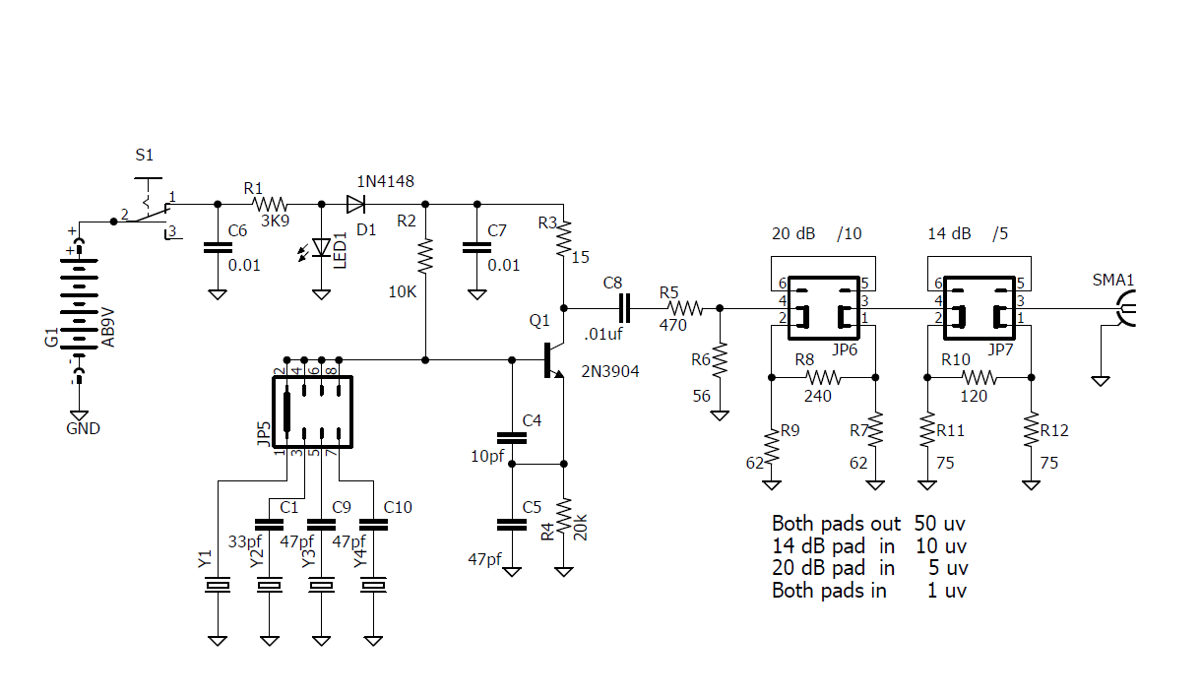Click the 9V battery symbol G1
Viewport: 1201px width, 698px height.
80,305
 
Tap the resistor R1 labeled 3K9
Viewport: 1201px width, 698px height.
269,205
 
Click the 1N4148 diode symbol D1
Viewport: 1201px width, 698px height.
356,205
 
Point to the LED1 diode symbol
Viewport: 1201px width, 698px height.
321,248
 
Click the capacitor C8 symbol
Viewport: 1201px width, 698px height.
622,308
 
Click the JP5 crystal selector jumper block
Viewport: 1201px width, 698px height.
312,412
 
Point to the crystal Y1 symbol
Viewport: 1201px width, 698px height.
218,587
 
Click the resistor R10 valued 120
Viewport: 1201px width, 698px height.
979,377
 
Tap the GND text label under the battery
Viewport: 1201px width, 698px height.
83,429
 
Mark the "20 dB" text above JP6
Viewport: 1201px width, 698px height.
792,234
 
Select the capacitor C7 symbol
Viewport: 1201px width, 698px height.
476,248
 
